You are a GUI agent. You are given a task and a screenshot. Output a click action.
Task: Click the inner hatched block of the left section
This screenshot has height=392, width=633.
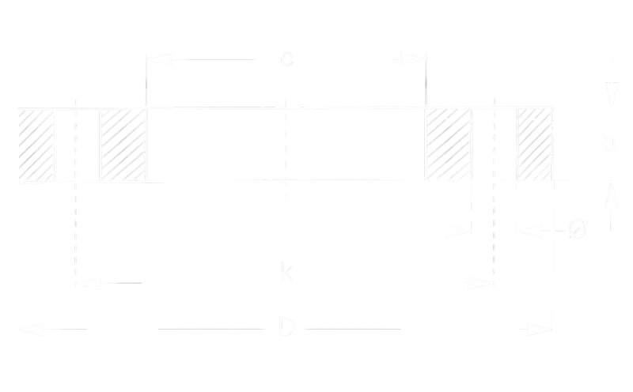tap(123, 145)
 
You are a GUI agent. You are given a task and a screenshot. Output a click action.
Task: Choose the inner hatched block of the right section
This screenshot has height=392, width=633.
tap(449, 145)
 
